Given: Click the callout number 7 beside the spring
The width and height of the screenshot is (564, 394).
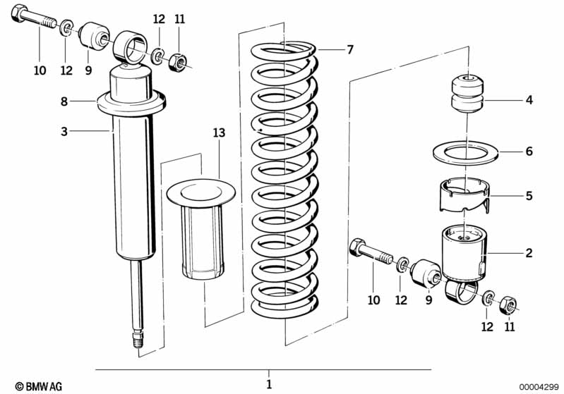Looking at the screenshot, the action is point(350,49).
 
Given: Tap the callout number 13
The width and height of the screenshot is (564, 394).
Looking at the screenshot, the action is point(219,133).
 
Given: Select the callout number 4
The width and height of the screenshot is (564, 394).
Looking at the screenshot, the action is point(529,99).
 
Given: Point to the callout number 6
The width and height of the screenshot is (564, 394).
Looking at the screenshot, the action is point(529,152).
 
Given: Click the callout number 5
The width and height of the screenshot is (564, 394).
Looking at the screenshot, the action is point(529,196).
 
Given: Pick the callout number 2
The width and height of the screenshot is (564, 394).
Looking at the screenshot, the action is point(529,253).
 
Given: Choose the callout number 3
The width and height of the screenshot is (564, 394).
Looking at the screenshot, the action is point(64,132).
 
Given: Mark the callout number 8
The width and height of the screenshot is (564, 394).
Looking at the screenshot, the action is point(64,101).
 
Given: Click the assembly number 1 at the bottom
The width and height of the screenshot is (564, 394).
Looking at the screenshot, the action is point(269,384).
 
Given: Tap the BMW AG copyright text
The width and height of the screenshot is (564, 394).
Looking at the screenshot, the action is point(39,386).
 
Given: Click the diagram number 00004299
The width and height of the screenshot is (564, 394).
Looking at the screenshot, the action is point(539,387).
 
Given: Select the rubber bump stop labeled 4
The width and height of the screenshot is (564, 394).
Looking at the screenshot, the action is point(467,94).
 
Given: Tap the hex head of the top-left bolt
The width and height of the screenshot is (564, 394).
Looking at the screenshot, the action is point(18,13).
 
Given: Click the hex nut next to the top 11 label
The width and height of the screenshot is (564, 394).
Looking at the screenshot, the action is point(177,63).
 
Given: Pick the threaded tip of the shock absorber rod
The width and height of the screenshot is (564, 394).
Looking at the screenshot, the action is point(138,339).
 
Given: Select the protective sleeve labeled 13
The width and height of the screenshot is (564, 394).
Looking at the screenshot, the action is point(201,228).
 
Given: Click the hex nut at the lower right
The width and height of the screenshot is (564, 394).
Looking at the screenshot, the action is point(508,305).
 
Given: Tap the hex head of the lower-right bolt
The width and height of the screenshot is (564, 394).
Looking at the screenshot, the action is point(356,247).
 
